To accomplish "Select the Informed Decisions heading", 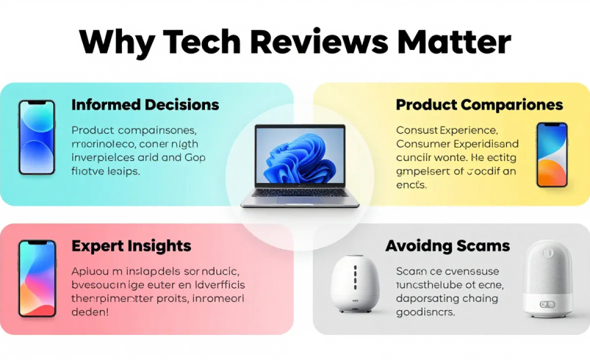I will click(145, 104).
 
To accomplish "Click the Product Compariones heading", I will click(479, 104).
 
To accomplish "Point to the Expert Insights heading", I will click(132, 246).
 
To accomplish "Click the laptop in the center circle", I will click(295, 166).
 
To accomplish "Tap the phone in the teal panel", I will click(37, 137).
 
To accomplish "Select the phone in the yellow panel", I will click(552, 155).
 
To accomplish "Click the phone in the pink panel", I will click(37, 278).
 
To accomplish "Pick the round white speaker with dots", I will click(355, 282).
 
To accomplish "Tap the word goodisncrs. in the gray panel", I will click(425, 312).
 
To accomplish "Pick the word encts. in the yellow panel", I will click(411, 185).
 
